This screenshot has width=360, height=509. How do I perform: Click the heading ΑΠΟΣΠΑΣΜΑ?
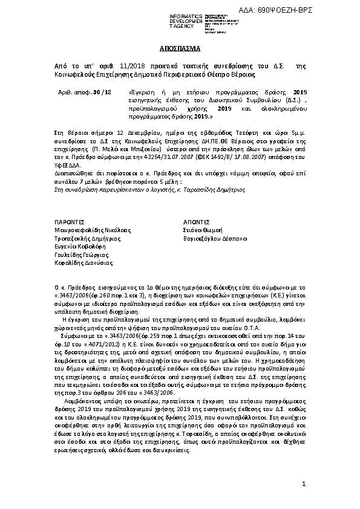pos(179,48)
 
